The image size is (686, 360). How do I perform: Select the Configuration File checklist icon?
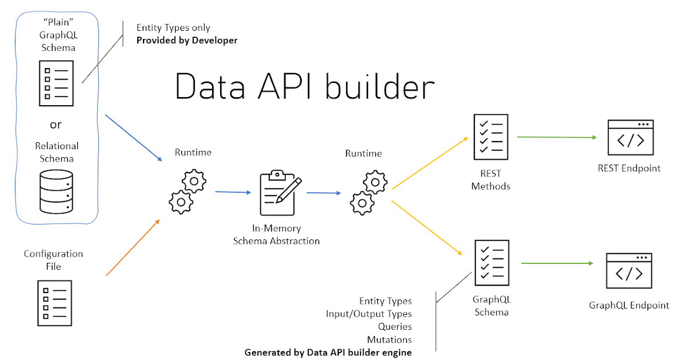(55, 303)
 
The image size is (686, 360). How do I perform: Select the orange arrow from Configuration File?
(133, 247)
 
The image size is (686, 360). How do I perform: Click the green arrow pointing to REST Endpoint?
(556, 137)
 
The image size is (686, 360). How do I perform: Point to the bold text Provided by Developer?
(187, 41)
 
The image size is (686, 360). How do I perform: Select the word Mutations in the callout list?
(389, 339)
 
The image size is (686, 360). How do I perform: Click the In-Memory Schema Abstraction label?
(276, 235)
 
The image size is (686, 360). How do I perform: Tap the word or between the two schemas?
(56, 125)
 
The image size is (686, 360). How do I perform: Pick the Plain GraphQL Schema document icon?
(56, 83)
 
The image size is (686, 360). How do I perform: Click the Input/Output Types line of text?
(369, 314)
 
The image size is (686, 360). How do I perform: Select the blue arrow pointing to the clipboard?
(233, 192)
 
